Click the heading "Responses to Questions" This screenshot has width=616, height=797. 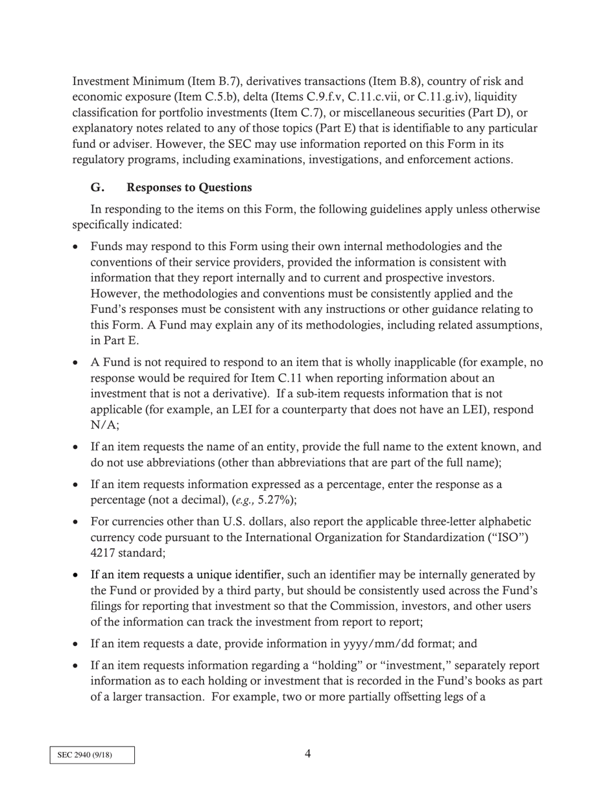coord(189,188)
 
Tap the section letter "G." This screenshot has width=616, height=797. coord(97,188)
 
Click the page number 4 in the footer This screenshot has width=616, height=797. coord(307,754)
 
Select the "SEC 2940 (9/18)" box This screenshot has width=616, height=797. coord(92,755)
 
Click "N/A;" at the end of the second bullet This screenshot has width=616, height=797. coord(104,425)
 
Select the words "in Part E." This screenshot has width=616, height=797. coord(115,340)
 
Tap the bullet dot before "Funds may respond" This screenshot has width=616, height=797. coord(77,247)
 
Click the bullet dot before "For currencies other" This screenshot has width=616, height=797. coord(77,522)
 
